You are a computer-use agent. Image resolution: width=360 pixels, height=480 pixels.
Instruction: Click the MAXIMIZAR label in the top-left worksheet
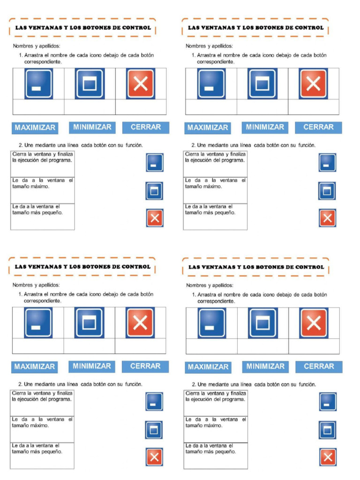click(35, 127)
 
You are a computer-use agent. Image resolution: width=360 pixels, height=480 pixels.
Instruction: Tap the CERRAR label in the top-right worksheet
click(318, 127)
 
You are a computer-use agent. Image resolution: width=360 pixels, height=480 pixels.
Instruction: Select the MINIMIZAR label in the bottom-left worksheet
click(92, 366)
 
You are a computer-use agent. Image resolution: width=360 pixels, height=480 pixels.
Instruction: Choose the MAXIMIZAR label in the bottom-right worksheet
click(208, 367)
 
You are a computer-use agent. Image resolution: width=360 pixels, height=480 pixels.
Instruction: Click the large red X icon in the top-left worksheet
click(141, 84)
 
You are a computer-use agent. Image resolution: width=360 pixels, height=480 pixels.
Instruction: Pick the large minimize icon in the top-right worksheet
click(211, 84)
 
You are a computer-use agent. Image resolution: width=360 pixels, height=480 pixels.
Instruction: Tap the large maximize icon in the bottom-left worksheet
click(89, 323)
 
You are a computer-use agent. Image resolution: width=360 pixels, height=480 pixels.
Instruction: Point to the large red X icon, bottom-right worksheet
click(314, 323)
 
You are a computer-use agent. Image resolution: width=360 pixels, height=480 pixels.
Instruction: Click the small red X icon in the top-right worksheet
click(328, 218)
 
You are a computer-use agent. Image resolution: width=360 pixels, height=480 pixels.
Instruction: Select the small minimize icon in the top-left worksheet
click(155, 163)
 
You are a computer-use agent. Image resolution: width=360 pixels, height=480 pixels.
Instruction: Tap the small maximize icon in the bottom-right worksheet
click(328, 430)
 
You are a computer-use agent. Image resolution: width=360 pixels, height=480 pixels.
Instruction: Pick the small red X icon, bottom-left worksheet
click(154, 457)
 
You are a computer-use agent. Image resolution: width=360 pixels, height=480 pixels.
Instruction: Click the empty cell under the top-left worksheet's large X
click(141, 107)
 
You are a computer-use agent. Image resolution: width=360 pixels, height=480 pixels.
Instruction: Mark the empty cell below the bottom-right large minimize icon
click(211, 346)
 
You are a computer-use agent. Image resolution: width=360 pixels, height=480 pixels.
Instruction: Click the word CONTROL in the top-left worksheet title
click(136, 28)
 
